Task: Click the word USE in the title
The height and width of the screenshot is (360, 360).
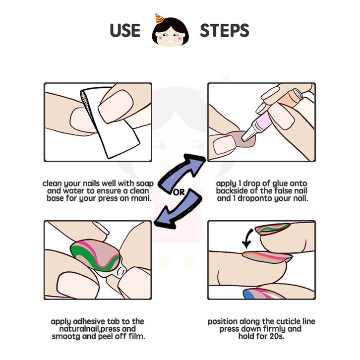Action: (x=125, y=30)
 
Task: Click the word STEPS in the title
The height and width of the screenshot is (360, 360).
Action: (x=224, y=30)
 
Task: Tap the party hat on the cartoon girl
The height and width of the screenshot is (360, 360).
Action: (x=159, y=19)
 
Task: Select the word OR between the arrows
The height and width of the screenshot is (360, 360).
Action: (x=179, y=192)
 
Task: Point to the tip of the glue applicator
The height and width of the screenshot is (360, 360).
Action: (x=243, y=139)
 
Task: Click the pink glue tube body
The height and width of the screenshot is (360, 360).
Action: (x=261, y=121)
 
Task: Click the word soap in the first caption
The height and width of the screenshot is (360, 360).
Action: (x=145, y=183)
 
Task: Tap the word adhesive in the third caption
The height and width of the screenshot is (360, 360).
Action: (x=90, y=321)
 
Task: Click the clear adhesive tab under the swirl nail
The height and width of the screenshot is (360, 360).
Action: (x=115, y=271)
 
